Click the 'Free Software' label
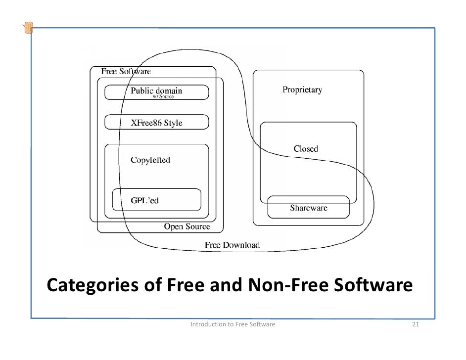[x=126, y=71]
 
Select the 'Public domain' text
[x=156, y=90]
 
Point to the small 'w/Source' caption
[x=163, y=97]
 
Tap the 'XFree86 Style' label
[x=156, y=123]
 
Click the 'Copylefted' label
[x=150, y=160]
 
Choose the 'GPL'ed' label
[x=144, y=201]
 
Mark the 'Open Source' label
[x=186, y=226]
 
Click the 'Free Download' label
[x=232, y=245]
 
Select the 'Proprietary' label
[x=302, y=90]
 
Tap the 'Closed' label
[x=306, y=148]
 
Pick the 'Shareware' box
[x=308, y=207]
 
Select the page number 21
[x=416, y=325]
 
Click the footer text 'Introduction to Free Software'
[x=233, y=325]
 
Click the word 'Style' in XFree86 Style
[x=173, y=123]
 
